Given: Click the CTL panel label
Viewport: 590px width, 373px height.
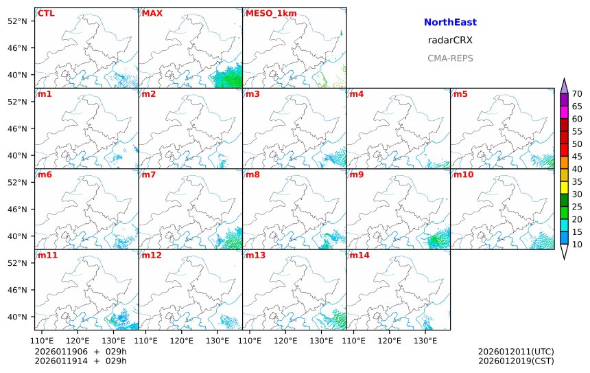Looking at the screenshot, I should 46,13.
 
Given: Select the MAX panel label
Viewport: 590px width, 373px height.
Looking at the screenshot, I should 152,13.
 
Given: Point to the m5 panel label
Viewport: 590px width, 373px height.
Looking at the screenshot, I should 460,93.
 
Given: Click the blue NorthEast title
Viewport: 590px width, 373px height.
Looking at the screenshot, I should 450,23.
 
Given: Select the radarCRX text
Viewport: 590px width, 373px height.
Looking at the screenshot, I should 450,41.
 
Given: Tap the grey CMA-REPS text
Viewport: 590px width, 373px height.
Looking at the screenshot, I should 450,58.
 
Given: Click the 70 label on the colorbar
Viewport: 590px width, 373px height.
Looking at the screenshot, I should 577,94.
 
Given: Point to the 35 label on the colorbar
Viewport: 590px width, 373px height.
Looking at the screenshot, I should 577,181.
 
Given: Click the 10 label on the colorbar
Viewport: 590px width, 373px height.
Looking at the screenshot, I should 577,244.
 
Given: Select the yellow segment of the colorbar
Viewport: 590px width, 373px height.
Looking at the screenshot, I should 564,187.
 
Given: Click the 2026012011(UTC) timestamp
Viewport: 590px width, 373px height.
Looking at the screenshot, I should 516,352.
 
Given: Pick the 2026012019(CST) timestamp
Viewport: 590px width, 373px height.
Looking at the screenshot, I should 516,361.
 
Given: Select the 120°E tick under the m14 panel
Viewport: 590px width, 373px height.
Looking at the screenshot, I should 390,339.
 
